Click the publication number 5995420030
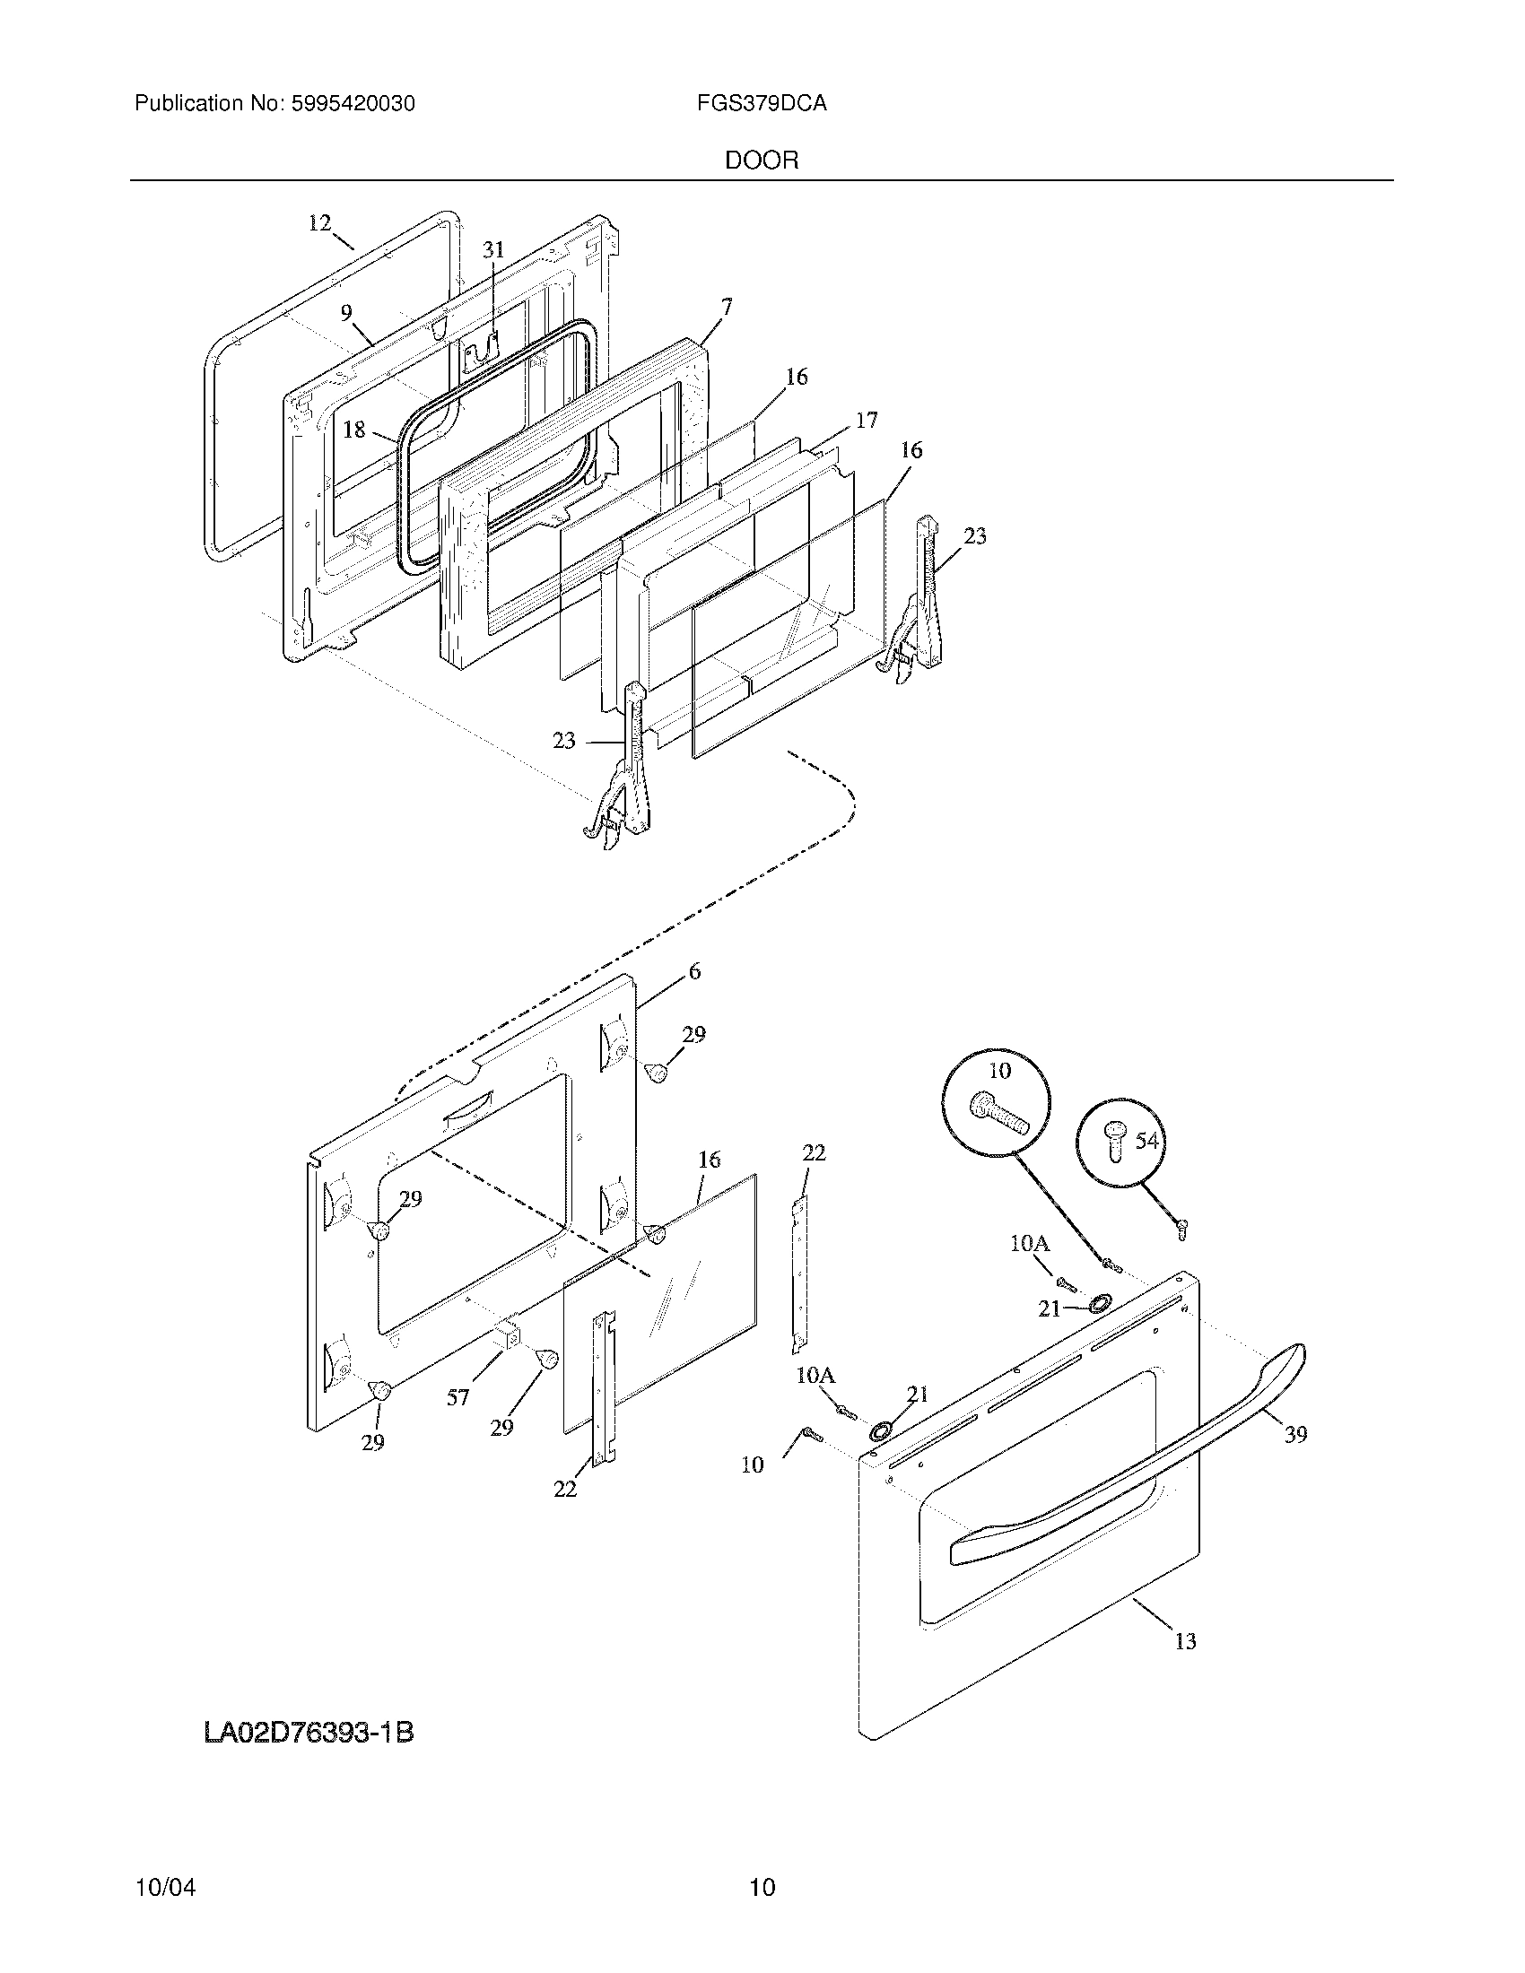(x=353, y=104)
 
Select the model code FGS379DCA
(x=761, y=104)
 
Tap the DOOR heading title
(x=761, y=161)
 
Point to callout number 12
(x=320, y=222)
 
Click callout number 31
(x=492, y=250)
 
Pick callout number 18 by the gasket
(x=354, y=430)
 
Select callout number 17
(x=866, y=420)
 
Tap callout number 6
(x=693, y=972)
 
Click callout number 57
(x=458, y=1397)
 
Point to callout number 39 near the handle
(x=1295, y=1434)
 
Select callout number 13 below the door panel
(x=1184, y=1641)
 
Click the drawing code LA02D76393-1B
(x=309, y=1734)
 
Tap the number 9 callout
(x=346, y=314)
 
